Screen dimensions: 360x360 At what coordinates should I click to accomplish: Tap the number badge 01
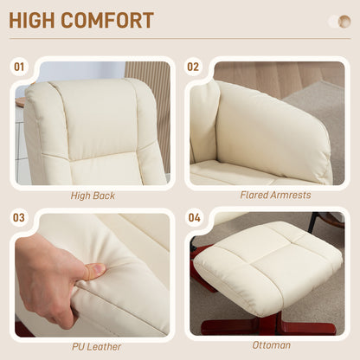pos(19,66)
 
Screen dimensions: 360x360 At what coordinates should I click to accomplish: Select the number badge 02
pos(193,66)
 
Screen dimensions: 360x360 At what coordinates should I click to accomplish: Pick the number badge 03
pos(19,218)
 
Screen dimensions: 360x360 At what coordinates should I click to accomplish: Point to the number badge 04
pos(193,218)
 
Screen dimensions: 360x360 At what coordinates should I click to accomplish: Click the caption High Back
pos(92,196)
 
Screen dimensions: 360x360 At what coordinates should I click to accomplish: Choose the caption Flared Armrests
pos(275,196)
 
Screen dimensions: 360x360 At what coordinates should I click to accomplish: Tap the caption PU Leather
pos(92,346)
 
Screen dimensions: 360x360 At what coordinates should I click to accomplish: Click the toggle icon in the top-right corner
pos(338,21)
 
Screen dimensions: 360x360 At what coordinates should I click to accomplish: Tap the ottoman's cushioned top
pos(268,265)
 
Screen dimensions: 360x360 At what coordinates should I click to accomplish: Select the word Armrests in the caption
pos(290,196)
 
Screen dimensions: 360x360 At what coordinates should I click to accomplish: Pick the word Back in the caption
pos(104,196)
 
